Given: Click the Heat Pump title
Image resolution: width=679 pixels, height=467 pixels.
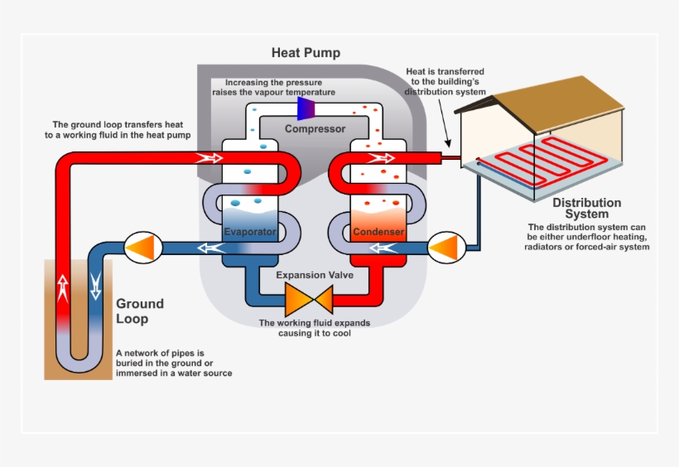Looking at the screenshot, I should (306, 53).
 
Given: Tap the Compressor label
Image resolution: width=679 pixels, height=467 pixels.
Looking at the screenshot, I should (315, 128).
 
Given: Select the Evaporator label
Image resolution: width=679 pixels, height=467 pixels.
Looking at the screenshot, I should (249, 232).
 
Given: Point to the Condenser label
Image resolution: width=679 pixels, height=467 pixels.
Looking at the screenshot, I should (378, 232).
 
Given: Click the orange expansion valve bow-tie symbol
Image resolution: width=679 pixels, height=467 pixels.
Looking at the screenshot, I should (308, 297).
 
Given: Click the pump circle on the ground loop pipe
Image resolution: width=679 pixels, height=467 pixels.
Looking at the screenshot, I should (140, 247).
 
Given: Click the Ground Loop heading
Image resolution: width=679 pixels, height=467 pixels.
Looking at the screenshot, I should (139, 311).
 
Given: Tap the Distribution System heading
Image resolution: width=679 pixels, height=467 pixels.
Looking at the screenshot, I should (586, 209).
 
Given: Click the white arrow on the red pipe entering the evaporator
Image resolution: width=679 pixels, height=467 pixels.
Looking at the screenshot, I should (211, 157).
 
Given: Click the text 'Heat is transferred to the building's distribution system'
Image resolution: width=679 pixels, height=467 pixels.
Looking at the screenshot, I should (445, 82).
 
